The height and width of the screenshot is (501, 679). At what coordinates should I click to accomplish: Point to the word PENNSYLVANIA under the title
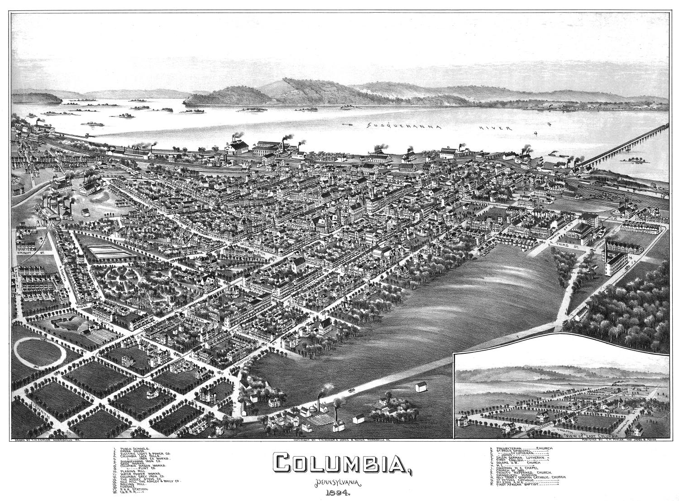[x=338, y=484]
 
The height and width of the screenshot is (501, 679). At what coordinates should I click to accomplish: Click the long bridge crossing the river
[x=625, y=144]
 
